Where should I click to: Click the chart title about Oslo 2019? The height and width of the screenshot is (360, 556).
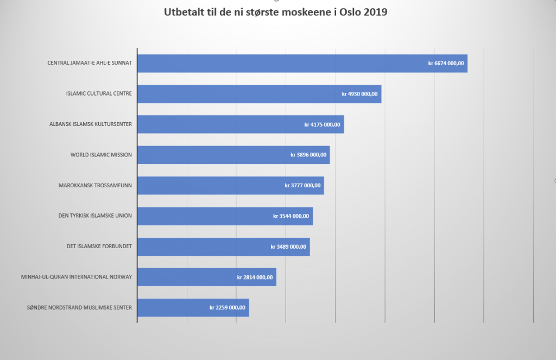tap(275, 12)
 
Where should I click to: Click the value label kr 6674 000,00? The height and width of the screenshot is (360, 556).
tap(446, 64)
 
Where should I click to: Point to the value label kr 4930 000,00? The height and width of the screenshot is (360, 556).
tap(359, 94)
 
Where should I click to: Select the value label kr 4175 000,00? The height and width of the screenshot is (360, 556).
tap(322, 124)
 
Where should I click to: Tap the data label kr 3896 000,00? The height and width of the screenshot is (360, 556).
tap(308, 155)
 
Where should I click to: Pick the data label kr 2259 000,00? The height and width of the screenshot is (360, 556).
tap(228, 308)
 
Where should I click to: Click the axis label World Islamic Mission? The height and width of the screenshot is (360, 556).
tap(101, 155)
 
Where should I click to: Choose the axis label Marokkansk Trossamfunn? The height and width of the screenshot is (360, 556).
tap(96, 185)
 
